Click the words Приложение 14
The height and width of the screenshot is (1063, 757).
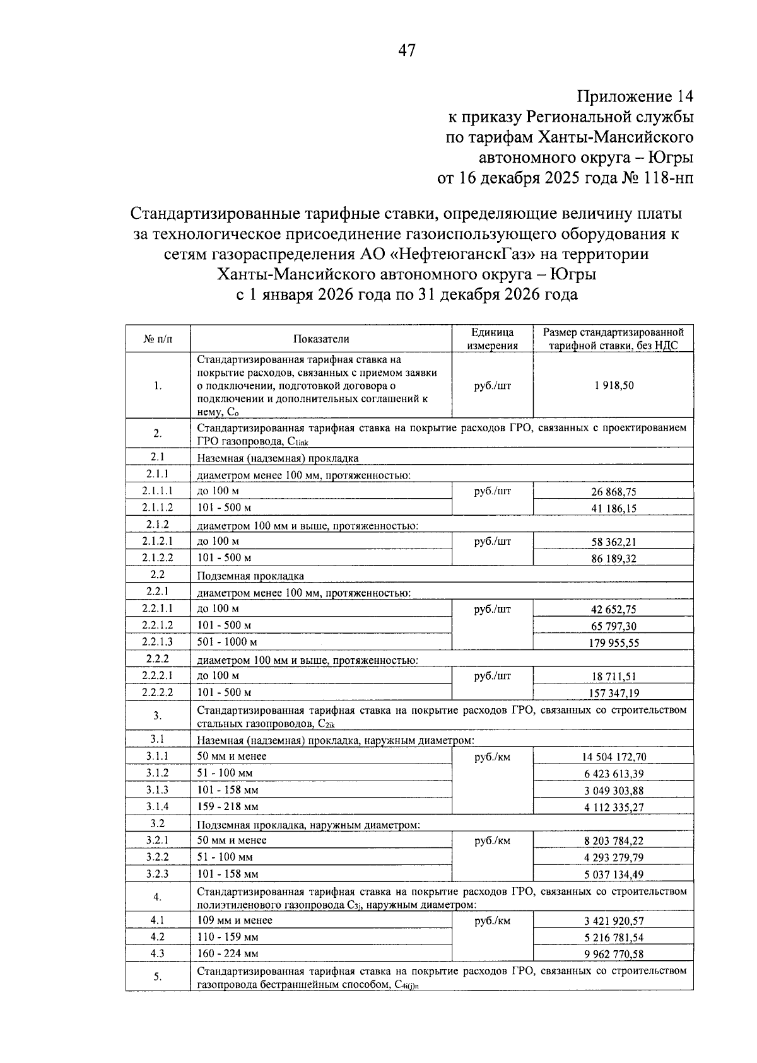635,96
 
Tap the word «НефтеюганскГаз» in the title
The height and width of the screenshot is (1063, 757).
466,254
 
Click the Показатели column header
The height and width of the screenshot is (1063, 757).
321,339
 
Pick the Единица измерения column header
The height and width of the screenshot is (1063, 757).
492,339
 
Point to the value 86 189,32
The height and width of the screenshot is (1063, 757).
613,559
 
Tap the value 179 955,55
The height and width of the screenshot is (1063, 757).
613,642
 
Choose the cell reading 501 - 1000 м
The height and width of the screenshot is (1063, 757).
227,642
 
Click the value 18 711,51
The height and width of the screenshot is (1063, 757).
613,677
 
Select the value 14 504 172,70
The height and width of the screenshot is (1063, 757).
613,757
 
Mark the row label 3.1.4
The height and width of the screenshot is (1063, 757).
158,806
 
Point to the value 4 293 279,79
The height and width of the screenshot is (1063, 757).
613,857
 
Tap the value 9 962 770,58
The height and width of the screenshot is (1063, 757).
613,954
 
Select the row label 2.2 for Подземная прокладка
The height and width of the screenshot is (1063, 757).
158,574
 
